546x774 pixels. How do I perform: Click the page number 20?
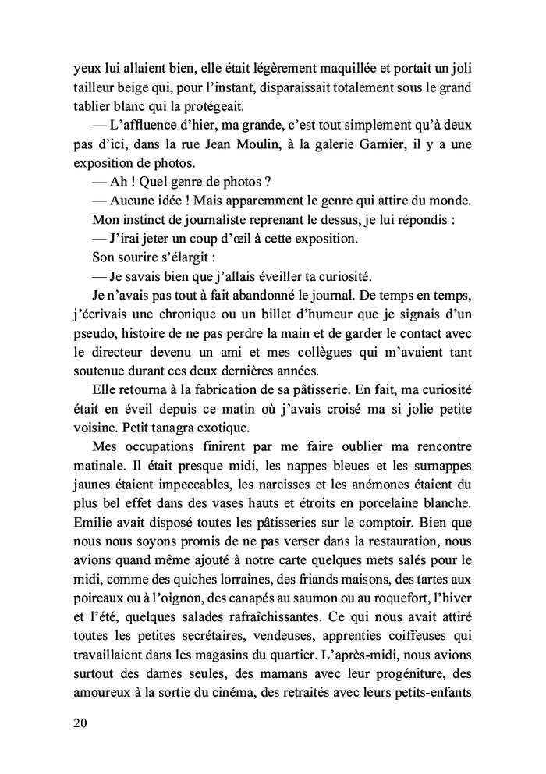point(75,723)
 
